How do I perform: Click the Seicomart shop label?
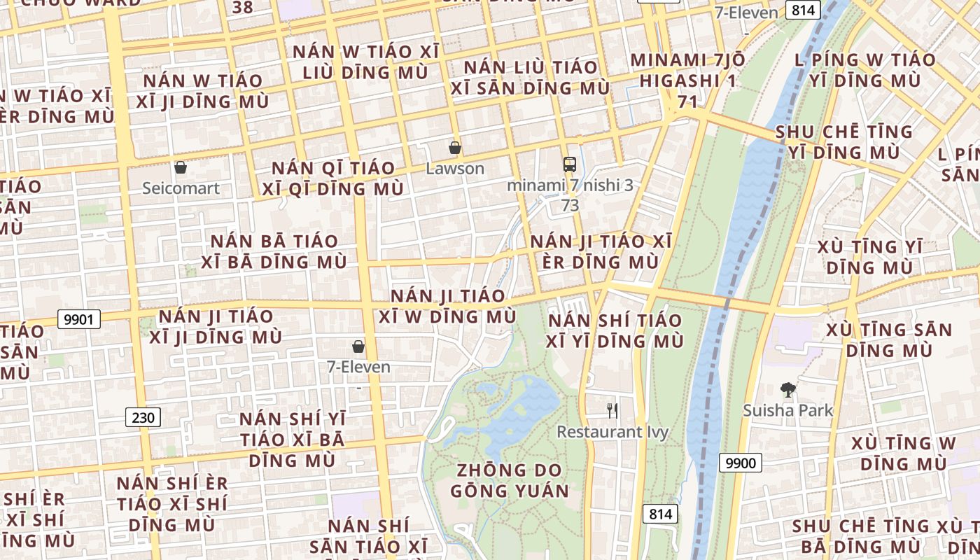tap(181, 188)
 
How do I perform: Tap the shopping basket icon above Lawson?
tap(455, 148)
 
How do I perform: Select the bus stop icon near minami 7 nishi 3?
tap(570, 164)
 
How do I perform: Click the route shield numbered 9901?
tap(78, 320)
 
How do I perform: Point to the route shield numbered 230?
tap(143, 418)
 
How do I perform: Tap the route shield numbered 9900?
tap(741, 463)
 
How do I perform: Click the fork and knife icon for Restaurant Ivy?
tap(612, 410)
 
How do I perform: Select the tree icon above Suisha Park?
tap(788, 390)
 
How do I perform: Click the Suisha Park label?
tap(788, 410)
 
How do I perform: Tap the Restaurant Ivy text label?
tap(612, 432)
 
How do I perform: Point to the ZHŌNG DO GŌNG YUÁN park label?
tap(510, 480)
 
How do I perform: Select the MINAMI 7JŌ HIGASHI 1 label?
tap(687, 70)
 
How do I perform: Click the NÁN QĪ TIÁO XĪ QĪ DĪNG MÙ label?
tap(333, 178)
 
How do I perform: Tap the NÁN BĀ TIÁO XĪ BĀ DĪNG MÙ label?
tap(274, 251)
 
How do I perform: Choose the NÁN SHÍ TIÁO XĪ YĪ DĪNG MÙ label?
tap(615, 331)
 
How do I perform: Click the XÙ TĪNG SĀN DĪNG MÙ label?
tap(889, 339)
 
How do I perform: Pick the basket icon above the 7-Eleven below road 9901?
tap(358, 346)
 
